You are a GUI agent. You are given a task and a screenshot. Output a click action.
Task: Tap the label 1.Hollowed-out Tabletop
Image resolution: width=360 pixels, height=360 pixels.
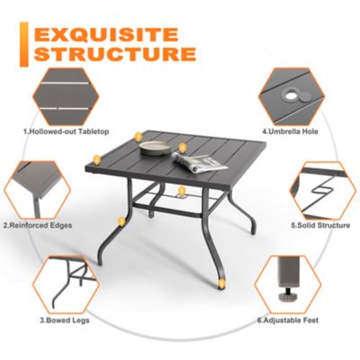66,131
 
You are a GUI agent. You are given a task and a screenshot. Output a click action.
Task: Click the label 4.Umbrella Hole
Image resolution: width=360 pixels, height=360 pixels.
292,131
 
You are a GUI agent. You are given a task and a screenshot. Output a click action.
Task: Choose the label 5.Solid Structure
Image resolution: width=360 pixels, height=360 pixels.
319,225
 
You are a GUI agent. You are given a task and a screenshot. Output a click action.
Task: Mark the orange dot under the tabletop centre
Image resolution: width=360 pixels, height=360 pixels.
182,190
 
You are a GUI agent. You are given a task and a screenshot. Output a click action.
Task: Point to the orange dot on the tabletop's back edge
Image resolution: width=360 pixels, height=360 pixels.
138,137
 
